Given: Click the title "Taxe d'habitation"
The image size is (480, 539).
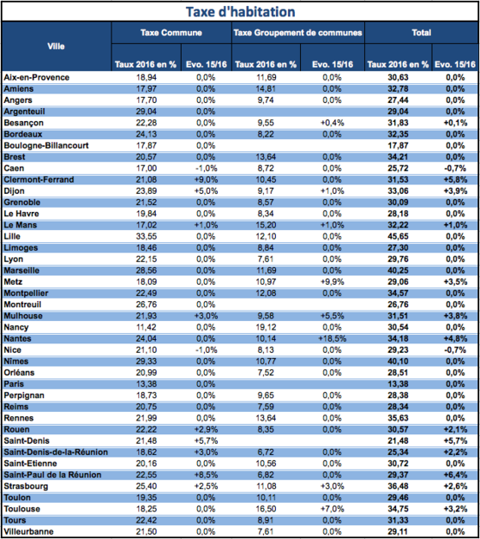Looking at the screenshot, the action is click(x=240, y=12).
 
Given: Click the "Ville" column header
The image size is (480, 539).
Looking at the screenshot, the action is click(x=56, y=46).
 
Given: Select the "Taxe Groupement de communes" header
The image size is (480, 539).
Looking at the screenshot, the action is click(x=297, y=33).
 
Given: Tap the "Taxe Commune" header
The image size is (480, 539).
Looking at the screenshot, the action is click(x=171, y=33).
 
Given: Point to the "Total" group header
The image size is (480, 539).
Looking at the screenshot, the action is click(x=422, y=33).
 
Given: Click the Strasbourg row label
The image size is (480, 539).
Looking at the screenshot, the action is click(x=26, y=487).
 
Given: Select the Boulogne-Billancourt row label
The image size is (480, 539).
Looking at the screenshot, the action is click(x=46, y=146).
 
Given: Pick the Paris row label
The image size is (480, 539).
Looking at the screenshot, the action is click(x=14, y=384).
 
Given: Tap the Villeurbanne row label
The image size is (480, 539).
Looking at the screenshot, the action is click(x=28, y=531).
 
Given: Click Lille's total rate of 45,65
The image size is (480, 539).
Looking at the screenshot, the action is click(x=398, y=237).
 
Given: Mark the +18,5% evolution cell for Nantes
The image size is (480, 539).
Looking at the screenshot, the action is click(x=332, y=339).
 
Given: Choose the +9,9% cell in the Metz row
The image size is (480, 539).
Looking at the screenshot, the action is click(x=332, y=282).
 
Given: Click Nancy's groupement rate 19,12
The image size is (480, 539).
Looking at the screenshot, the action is click(x=266, y=327).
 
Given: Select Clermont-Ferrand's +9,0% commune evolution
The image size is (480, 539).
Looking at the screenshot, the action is click(x=206, y=179).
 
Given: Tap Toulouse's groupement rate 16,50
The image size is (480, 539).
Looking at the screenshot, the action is click(x=266, y=509).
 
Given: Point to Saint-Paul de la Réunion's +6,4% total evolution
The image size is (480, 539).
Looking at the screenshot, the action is click(x=455, y=475).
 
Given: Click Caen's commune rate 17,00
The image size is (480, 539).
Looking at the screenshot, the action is click(x=147, y=168).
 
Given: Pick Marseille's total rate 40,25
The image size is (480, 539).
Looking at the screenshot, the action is click(x=398, y=270).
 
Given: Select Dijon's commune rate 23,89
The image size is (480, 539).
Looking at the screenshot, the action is click(x=147, y=191).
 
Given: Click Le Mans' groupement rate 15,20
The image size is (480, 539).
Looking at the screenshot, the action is click(x=266, y=225).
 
